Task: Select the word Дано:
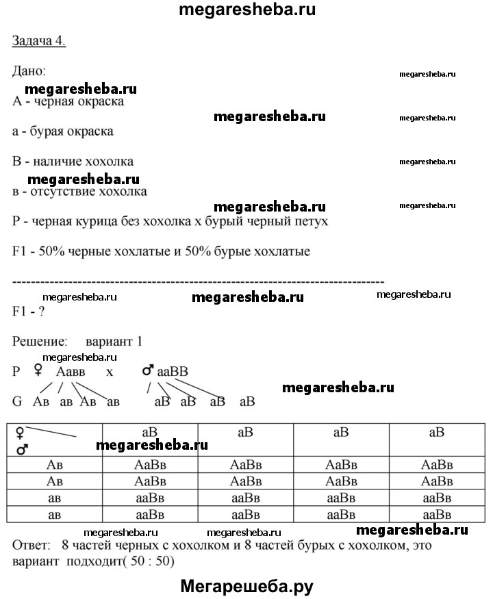click(x=29, y=71)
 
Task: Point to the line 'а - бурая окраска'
click(x=62, y=131)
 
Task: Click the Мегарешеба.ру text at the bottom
click(x=246, y=585)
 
